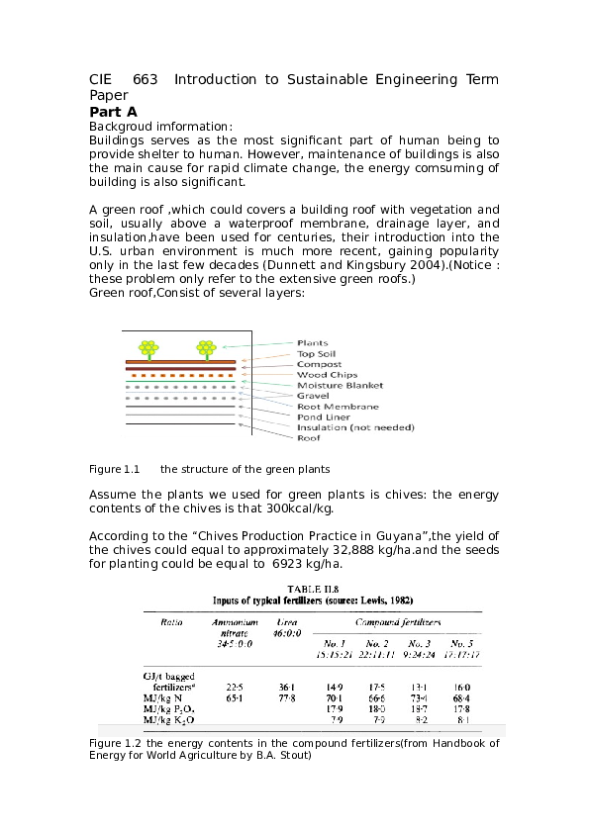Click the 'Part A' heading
click(113, 112)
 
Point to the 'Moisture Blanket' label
click(340, 386)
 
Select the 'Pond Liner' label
click(324, 417)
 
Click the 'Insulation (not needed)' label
click(354, 427)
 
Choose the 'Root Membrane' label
click(338, 407)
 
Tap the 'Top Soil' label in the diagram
click(318, 354)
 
